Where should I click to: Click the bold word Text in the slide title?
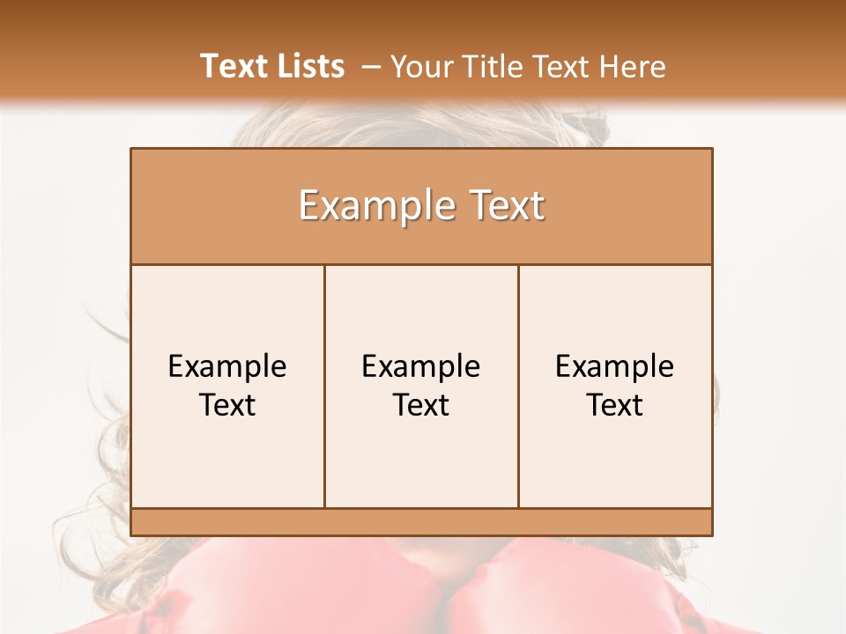tap(234, 66)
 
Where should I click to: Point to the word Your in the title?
tap(419, 67)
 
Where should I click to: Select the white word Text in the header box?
tap(504, 206)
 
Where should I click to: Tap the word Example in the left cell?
tap(227, 366)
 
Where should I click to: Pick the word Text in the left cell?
tap(227, 405)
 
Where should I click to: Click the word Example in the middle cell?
tap(421, 366)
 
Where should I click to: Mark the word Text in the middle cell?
tap(421, 405)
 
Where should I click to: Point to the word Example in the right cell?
tap(615, 366)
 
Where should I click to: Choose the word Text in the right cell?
tap(615, 405)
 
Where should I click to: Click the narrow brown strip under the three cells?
tap(421, 522)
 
